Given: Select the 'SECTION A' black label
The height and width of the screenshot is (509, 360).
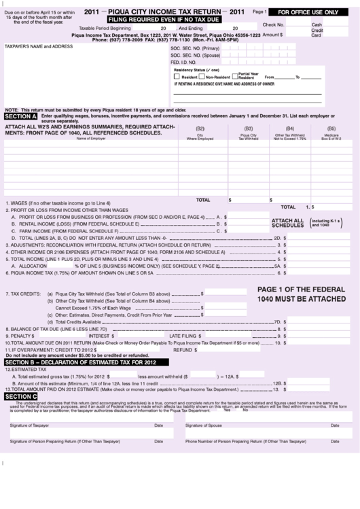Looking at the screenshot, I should pos(20,117).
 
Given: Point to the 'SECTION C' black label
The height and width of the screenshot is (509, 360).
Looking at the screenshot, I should pos(20,396).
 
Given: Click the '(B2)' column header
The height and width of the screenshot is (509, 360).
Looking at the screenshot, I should pos(200,129).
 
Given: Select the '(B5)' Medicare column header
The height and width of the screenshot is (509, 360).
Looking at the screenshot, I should pos(331,129).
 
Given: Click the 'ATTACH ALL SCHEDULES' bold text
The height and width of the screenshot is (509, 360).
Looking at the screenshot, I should pos(287,224).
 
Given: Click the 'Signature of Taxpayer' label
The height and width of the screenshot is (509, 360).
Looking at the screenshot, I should pos(29,425).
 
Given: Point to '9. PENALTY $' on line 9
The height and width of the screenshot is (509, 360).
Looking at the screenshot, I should pos(20,336).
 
